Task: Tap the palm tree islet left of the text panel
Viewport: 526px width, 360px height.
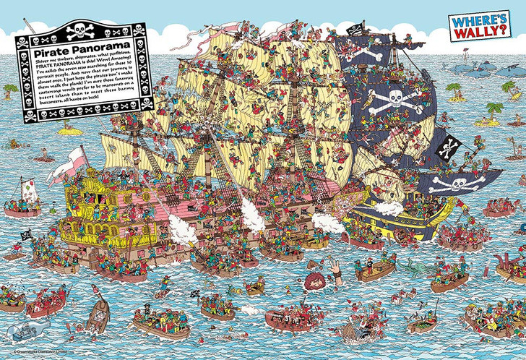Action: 9,91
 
